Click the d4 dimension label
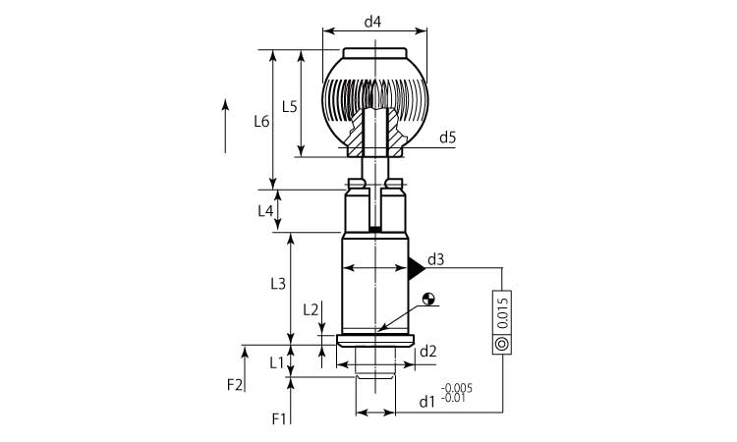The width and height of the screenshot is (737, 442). pyautogui.click(x=372, y=22)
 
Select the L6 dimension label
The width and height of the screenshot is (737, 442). pyautogui.click(x=261, y=122)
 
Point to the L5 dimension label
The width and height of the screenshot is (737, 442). pyautogui.click(x=290, y=107)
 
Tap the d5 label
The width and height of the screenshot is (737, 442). pyautogui.click(x=447, y=138)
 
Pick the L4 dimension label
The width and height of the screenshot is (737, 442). pyautogui.click(x=265, y=211)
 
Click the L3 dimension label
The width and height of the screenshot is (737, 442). pyautogui.click(x=278, y=283)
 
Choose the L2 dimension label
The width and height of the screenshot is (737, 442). pyautogui.click(x=311, y=309)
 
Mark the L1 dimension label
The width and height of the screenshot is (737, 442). pyautogui.click(x=277, y=362)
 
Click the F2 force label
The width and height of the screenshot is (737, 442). pyautogui.click(x=235, y=385)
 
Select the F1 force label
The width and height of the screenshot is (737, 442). pyautogui.click(x=279, y=418)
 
